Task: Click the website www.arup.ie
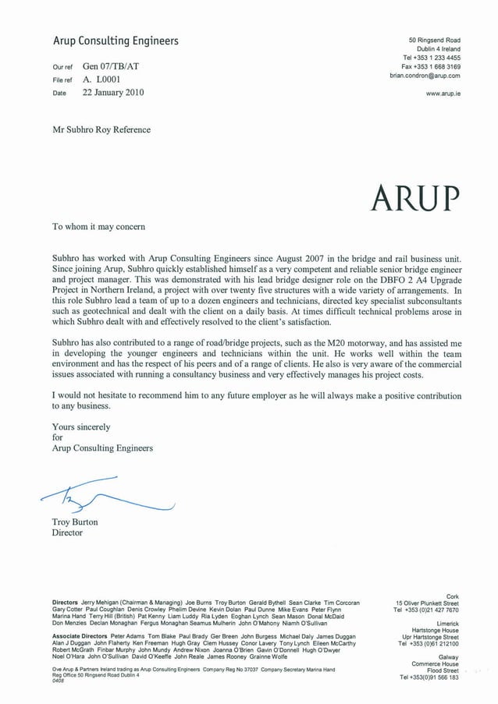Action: (443, 93)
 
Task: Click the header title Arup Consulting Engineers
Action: (116, 41)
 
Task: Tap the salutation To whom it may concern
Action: (98, 227)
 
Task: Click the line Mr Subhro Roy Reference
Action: (101, 129)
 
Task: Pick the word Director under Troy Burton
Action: (67, 533)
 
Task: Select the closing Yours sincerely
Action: (81, 427)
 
